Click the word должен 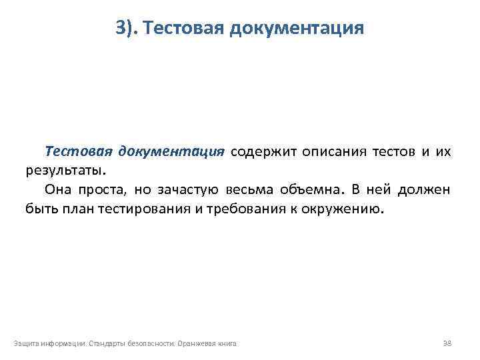tap(425, 189)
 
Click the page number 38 tap(447, 343)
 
